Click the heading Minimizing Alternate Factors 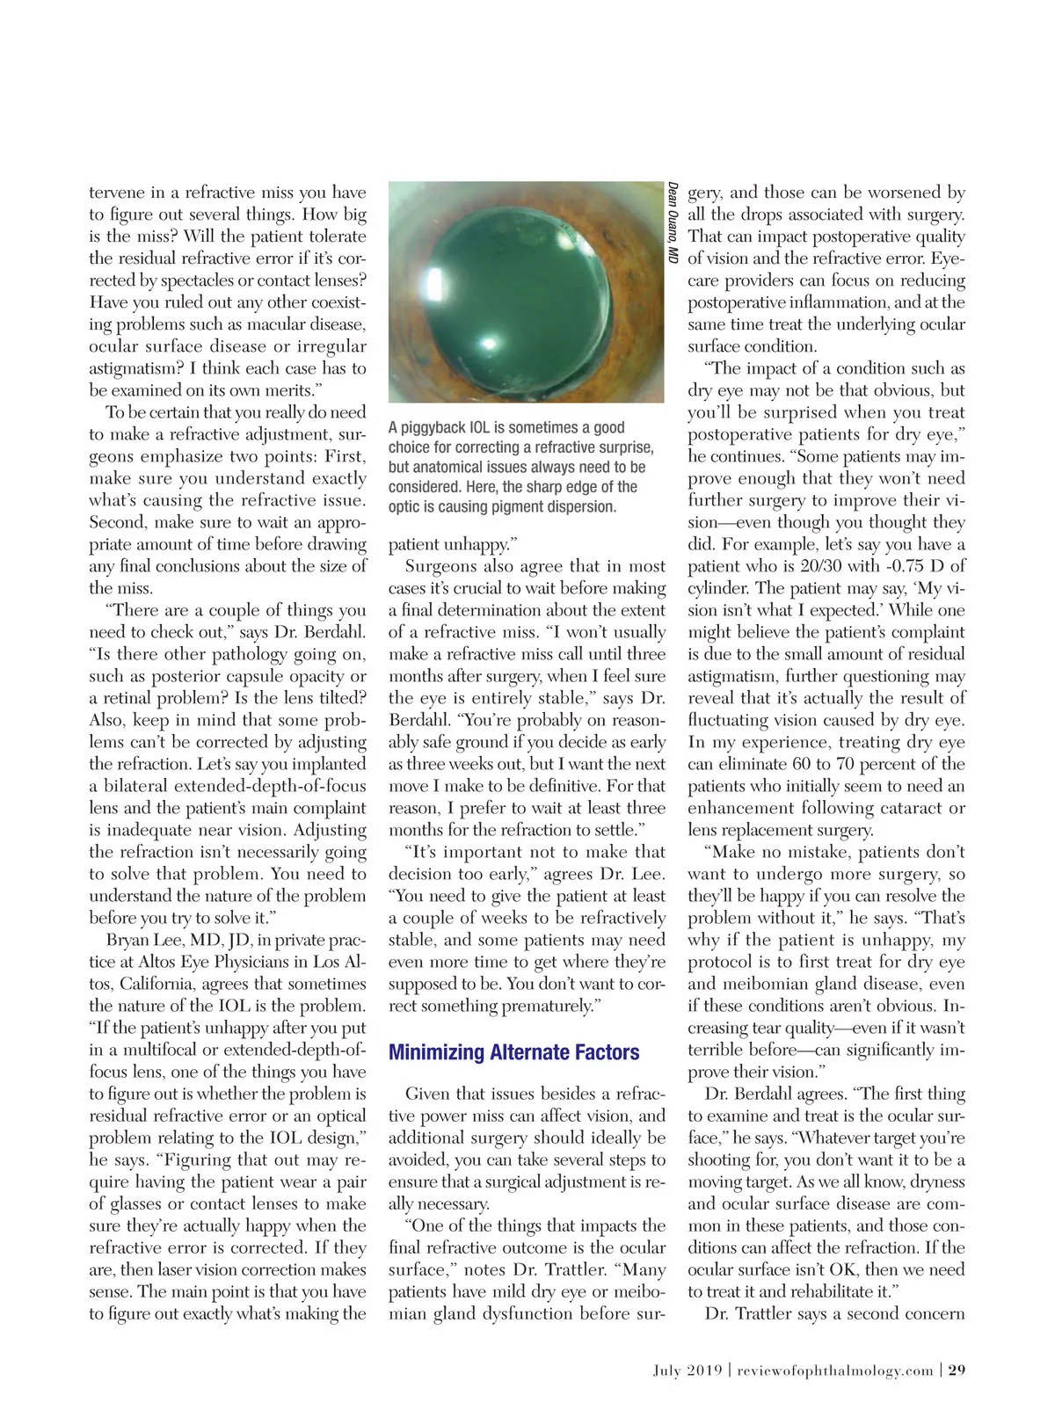pyautogui.click(x=513, y=1052)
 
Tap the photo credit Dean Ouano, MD pyautogui.click(x=673, y=222)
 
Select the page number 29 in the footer pyautogui.click(x=957, y=1370)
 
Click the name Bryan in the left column pyautogui.click(x=129, y=940)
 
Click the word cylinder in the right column pyautogui.click(x=720, y=588)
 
